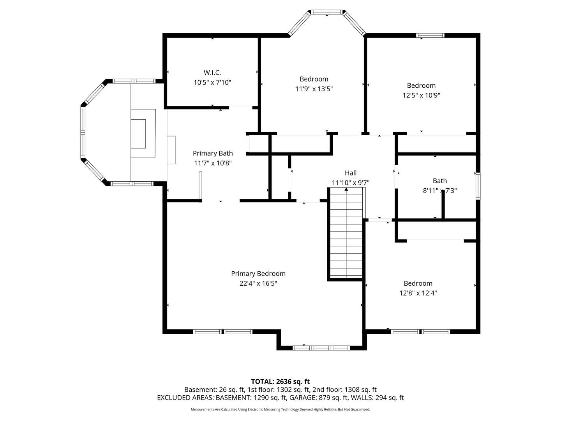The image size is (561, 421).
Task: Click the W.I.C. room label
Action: coord(212,73)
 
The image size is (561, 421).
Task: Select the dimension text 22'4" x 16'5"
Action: coord(258,283)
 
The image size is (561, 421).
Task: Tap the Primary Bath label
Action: coord(213,153)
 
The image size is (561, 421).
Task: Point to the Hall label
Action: coord(350,173)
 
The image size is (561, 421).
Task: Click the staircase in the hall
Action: coord(346,234)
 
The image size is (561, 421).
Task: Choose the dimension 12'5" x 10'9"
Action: coord(421,95)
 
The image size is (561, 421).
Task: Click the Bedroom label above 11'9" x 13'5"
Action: coord(314,79)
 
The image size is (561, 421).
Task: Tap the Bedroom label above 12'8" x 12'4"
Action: coord(418,283)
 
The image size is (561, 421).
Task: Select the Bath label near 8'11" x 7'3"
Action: coord(439,180)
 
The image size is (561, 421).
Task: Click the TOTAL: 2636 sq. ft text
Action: coord(280,381)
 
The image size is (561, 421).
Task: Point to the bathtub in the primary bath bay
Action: coord(143,133)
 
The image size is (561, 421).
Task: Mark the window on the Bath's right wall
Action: coord(478,186)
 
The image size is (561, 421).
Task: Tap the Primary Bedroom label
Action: coord(258,274)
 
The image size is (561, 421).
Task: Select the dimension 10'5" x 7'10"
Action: coord(212,82)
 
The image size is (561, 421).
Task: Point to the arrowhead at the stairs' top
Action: coord(346,189)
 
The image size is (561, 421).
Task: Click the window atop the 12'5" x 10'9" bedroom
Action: coord(430,35)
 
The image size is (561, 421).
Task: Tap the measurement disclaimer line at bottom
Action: coord(280,409)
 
